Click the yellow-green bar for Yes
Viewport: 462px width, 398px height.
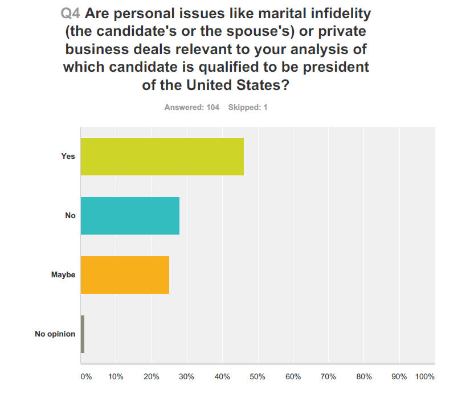coord(162,157)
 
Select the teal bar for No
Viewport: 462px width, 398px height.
coord(130,216)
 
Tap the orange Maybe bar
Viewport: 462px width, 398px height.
coord(125,275)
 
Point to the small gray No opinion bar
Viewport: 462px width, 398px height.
coord(83,334)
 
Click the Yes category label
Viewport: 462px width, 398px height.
coord(68,157)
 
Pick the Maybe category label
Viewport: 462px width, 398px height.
coord(63,275)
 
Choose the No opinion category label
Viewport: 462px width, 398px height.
coord(55,334)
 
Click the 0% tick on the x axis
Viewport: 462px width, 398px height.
coord(85,377)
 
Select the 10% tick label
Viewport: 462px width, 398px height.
coord(116,377)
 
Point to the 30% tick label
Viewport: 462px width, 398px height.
coord(186,377)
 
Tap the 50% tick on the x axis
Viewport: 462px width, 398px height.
coord(257,377)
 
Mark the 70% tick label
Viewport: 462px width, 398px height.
coord(328,377)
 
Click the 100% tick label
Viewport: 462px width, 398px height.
coord(424,377)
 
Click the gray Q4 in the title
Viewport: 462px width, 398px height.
coord(72,12)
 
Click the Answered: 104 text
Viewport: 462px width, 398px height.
coord(192,107)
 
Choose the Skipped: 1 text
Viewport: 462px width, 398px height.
coord(248,107)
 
